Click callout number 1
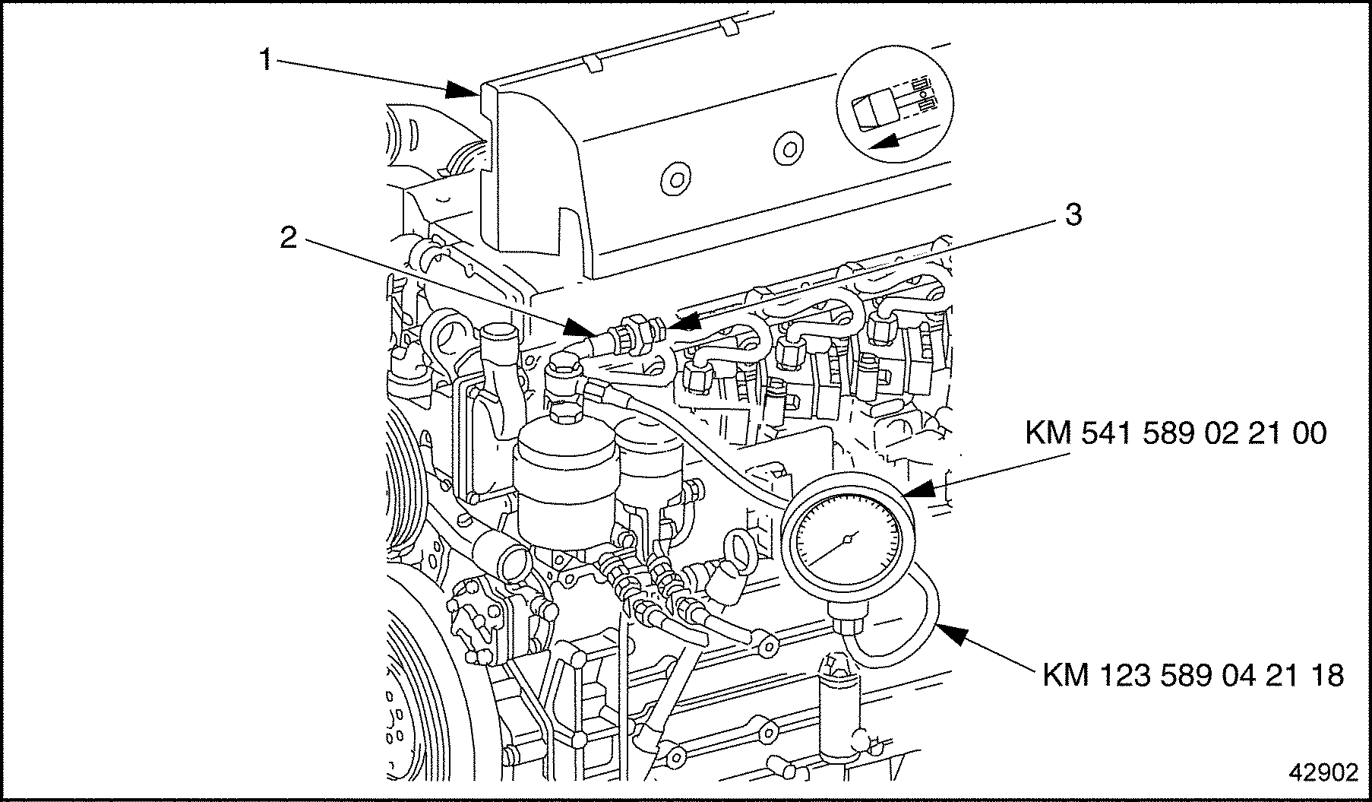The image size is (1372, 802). pyautogui.click(x=265, y=59)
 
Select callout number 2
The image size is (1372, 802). pyautogui.click(x=287, y=239)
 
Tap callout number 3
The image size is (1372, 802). pyautogui.click(x=1072, y=215)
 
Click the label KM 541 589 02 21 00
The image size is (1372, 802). pyautogui.click(x=1175, y=433)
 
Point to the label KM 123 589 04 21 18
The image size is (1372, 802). pyautogui.click(x=1193, y=675)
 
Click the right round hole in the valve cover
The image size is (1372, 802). pyautogui.click(x=788, y=145)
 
